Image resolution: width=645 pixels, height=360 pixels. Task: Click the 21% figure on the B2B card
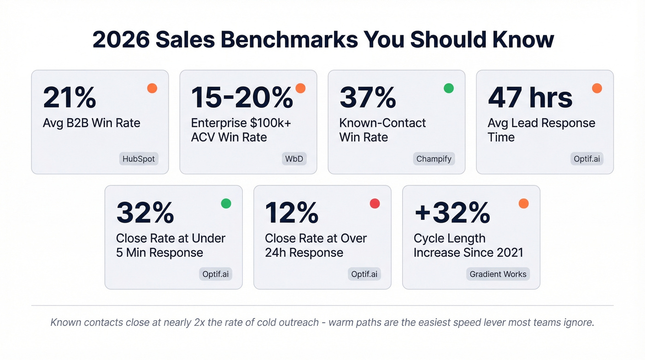tap(70, 98)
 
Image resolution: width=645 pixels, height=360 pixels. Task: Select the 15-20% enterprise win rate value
tap(242, 98)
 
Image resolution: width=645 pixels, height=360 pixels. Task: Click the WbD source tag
tap(293, 159)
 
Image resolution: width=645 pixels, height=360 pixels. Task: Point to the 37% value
tap(368, 98)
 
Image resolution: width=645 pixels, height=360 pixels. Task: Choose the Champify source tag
tap(434, 159)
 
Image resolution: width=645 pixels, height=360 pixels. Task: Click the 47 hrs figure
tap(530, 98)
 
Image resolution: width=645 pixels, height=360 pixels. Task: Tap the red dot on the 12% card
tap(375, 203)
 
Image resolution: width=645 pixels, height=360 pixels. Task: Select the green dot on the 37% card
tap(448, 88)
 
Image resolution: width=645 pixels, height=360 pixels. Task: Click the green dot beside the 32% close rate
tap(226, 203)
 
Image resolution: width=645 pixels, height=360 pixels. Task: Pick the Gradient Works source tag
tap(498, 274)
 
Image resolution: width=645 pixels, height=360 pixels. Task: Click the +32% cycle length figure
tap(452, 213)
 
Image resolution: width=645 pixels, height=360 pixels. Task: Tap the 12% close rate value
tap(292, 213)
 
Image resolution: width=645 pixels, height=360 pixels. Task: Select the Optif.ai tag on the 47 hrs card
tap(586, 159)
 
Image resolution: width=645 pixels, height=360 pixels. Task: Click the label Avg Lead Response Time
tap(541, 130)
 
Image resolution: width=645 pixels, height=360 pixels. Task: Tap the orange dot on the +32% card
tap(523, 203)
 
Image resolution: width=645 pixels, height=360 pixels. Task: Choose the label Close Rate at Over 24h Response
tap(316, 245)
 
